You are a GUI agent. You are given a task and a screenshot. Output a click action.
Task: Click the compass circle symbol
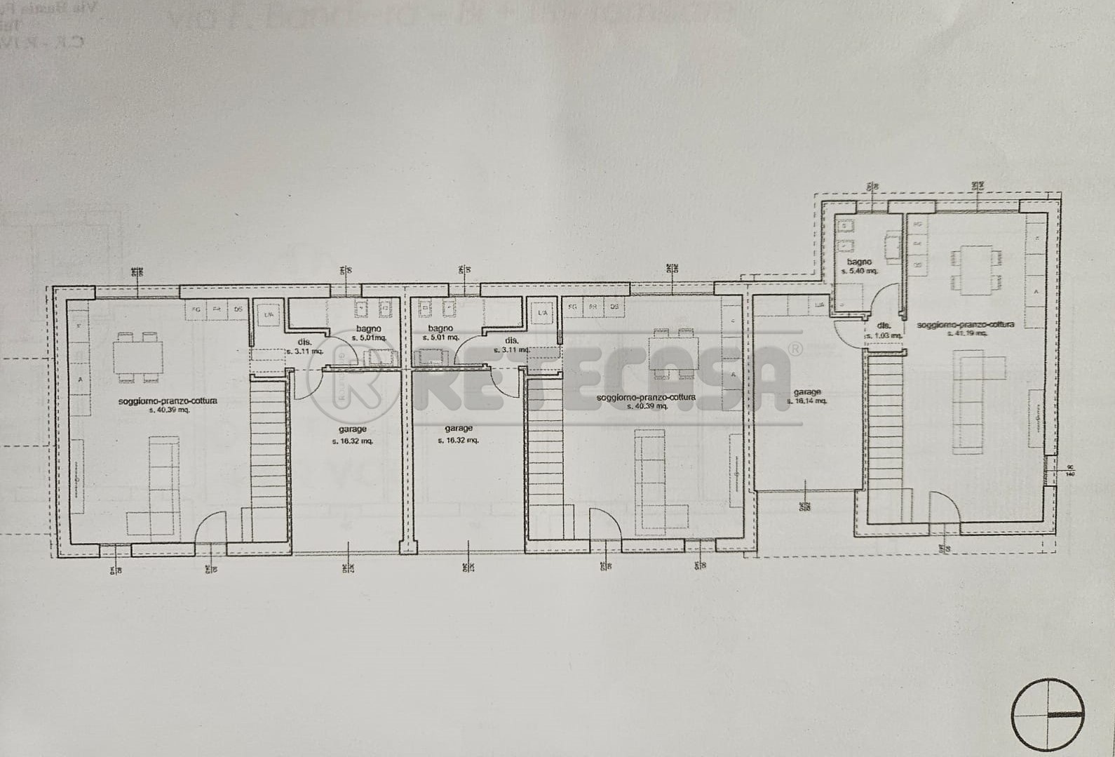[1048, 714]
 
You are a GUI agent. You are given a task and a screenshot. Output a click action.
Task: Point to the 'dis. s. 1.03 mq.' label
[884, 330]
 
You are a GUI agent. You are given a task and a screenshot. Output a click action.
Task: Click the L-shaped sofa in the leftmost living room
[158, 491]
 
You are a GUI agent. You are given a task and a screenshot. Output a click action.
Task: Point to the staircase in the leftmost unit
[267, 456]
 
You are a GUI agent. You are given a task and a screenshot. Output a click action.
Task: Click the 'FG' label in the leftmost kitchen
[197, 309]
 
